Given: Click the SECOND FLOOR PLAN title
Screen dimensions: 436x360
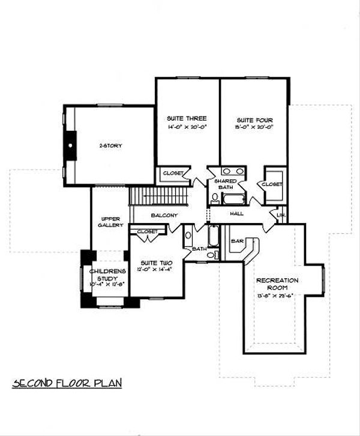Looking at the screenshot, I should click(x=67, y=383).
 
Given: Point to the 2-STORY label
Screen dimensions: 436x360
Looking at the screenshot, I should click(x=110, y=146).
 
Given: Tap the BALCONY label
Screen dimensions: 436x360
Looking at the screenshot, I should click(x=164, y=215).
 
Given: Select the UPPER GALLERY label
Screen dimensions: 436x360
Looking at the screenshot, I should click(x=110, y=222).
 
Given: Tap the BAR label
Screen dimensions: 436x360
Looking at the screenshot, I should click(x=237, y=241).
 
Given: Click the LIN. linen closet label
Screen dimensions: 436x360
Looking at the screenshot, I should click(x=281, y=214).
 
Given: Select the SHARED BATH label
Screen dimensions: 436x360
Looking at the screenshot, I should click(x=225, y=184).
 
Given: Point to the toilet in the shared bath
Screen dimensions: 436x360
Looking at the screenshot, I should click(x=215, y=196).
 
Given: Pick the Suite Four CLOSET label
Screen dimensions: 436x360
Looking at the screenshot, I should click(x=272, y=184).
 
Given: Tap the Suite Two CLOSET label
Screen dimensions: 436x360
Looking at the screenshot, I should click(x=147, y=231).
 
